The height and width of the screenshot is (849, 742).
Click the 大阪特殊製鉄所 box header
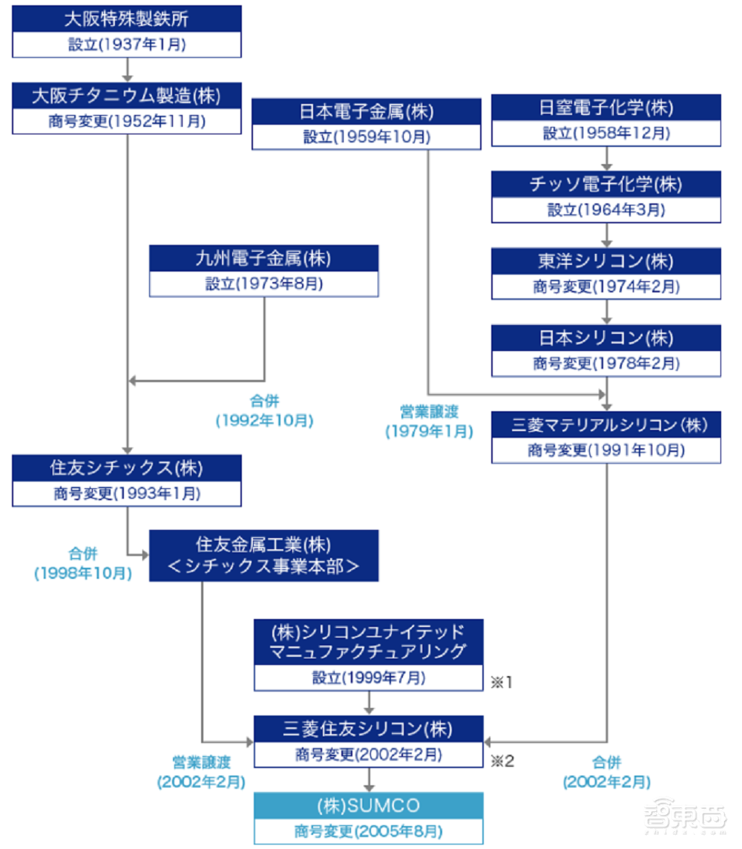(127, 19)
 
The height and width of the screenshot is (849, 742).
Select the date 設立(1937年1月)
(127, 45)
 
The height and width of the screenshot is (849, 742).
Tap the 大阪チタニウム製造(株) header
(127, 96)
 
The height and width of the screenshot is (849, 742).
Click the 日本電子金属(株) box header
(367, 112)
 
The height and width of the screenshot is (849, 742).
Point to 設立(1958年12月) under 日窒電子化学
(607, 133)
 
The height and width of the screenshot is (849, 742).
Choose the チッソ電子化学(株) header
(607, 184)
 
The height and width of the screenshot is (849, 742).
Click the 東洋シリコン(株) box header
(607, 260)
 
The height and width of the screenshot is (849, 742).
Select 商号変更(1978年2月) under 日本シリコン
(607, 364)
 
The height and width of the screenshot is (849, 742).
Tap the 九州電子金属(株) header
(263, 258)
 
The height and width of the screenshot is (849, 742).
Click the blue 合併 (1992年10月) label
(264, 410)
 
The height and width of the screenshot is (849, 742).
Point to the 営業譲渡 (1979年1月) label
(429, 419)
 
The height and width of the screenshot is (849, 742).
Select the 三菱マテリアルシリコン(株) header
(607, 426)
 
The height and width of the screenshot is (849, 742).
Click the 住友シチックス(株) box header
(127, 468)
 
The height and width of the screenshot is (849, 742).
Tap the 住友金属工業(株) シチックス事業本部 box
(263, 555)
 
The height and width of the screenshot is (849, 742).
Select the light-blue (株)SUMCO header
(368, 805)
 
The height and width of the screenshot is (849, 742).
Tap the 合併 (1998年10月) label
(82, 563)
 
